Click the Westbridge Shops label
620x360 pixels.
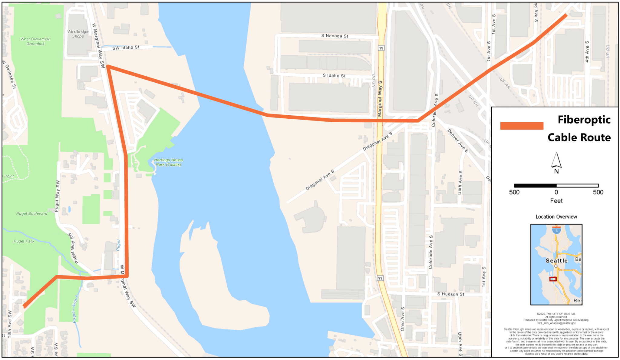pyautogui.click(x=78, y=34)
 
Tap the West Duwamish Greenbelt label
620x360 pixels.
pyautogui.click(x=35, y=41)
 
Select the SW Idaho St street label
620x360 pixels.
pyautogui.click(x=126, y=48)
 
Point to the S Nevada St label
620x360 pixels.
pyautogui.click(x=335, y=36)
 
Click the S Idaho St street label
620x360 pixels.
pyautogui.click(x=334, y=75)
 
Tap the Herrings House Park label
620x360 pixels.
pyautogui.click(x=168, y=162)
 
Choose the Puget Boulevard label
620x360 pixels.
pyautogui.click(x=32, y=213)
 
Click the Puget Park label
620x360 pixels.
pyautogui.click(x=24, y=241)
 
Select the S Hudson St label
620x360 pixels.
pyautogui.click(x=450, y=294)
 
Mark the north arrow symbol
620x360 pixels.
pyautogui.click(x=556, y=160)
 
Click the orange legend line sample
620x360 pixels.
pyautogui.click(x=522, y=126)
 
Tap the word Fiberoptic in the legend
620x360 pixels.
pyautogui.click(x=584, y=120)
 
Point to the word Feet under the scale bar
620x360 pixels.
pyautogui.click(x=556, y=201)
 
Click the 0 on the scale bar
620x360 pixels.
pyautogui.click(x=556, y=192)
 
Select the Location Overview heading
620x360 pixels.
pyautogui.click(x=556, y=217)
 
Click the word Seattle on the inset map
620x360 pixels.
pyautogui.click(x=556, y=260)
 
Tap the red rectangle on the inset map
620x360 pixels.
pyautogui.click(x=553, y=279)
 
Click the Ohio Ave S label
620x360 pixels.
pyautogui.click(x=403, y=319)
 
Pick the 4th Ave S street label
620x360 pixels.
pyautogui.click(x=587, y=51)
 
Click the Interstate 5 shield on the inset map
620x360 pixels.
pyautogui.click(x=556, y=231)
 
